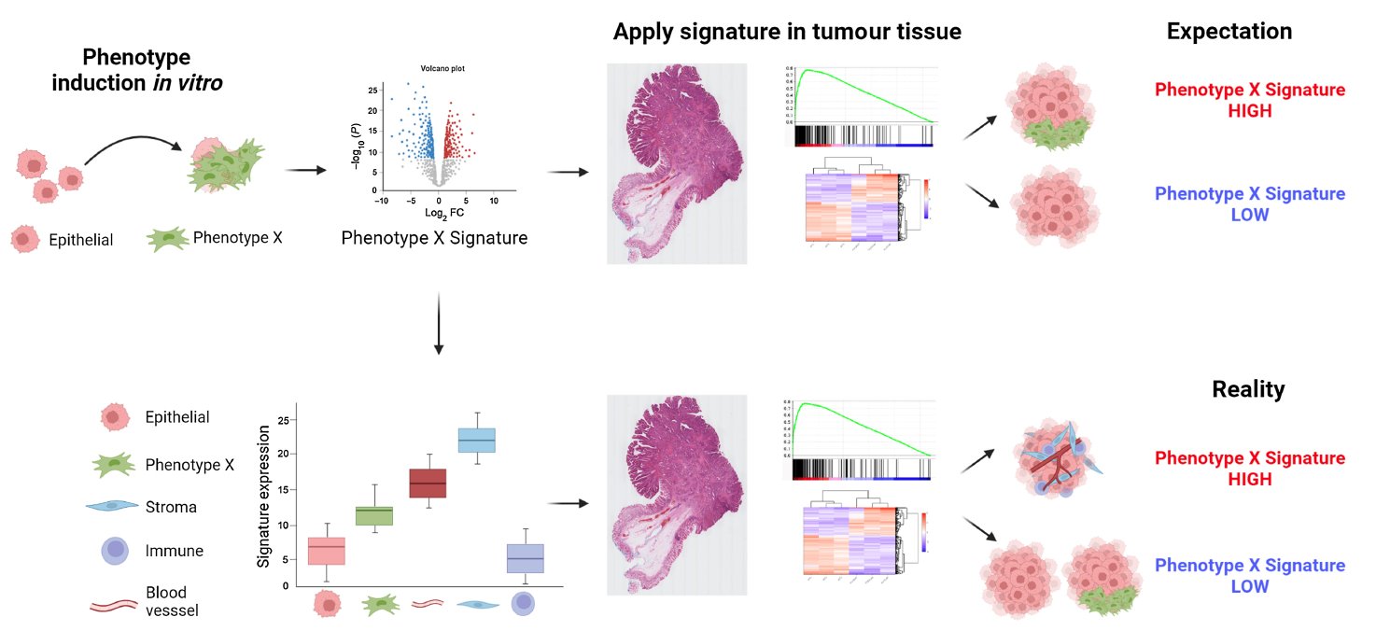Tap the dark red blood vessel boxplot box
pyautogui.click(x=428, y=483)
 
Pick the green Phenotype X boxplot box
pyautogui.click(x=375, y=515)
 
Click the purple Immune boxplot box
pyautogui.click(x=526, y=558)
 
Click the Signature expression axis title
pyautogui.click(x=264, y=496)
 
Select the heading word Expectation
pyautogui.click(x=1229, y=31)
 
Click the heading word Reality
pyautogui.click(x=1248, y=388)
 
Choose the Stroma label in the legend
pyautogui.click(x=172, y=508)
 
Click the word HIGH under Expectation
pyautogui.click(x=1250, y=111)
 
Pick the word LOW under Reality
pyautogui.click(x=1250, y=586)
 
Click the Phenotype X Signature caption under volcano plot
pyautogui.click(x=434, y=238)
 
